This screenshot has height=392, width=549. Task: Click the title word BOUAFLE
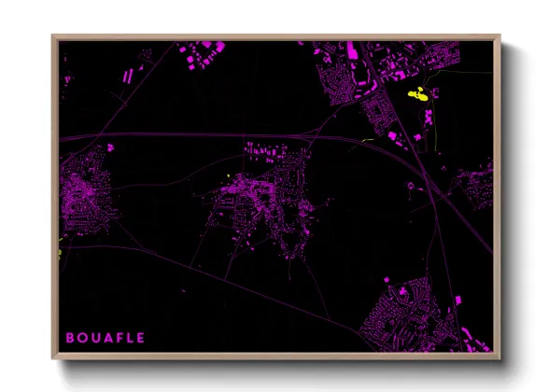tap(106, 336)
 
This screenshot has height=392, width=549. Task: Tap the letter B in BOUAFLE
tap(69, 336)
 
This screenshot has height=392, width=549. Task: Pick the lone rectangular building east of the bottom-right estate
tap(458, 300)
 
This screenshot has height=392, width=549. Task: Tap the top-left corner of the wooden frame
tap(54, 37)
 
